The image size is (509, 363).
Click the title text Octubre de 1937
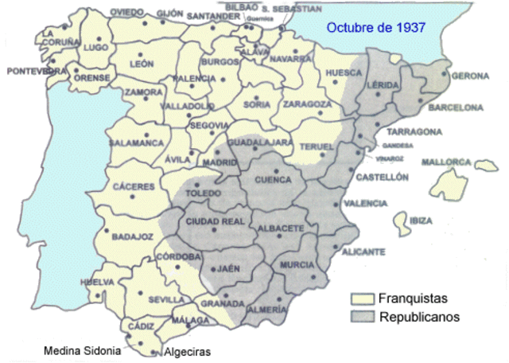[x=375, y=26]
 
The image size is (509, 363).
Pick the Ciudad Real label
[x=210, y=221]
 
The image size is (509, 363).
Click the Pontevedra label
[x=36, y=71]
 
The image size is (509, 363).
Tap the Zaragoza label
[x=307, y=104]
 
